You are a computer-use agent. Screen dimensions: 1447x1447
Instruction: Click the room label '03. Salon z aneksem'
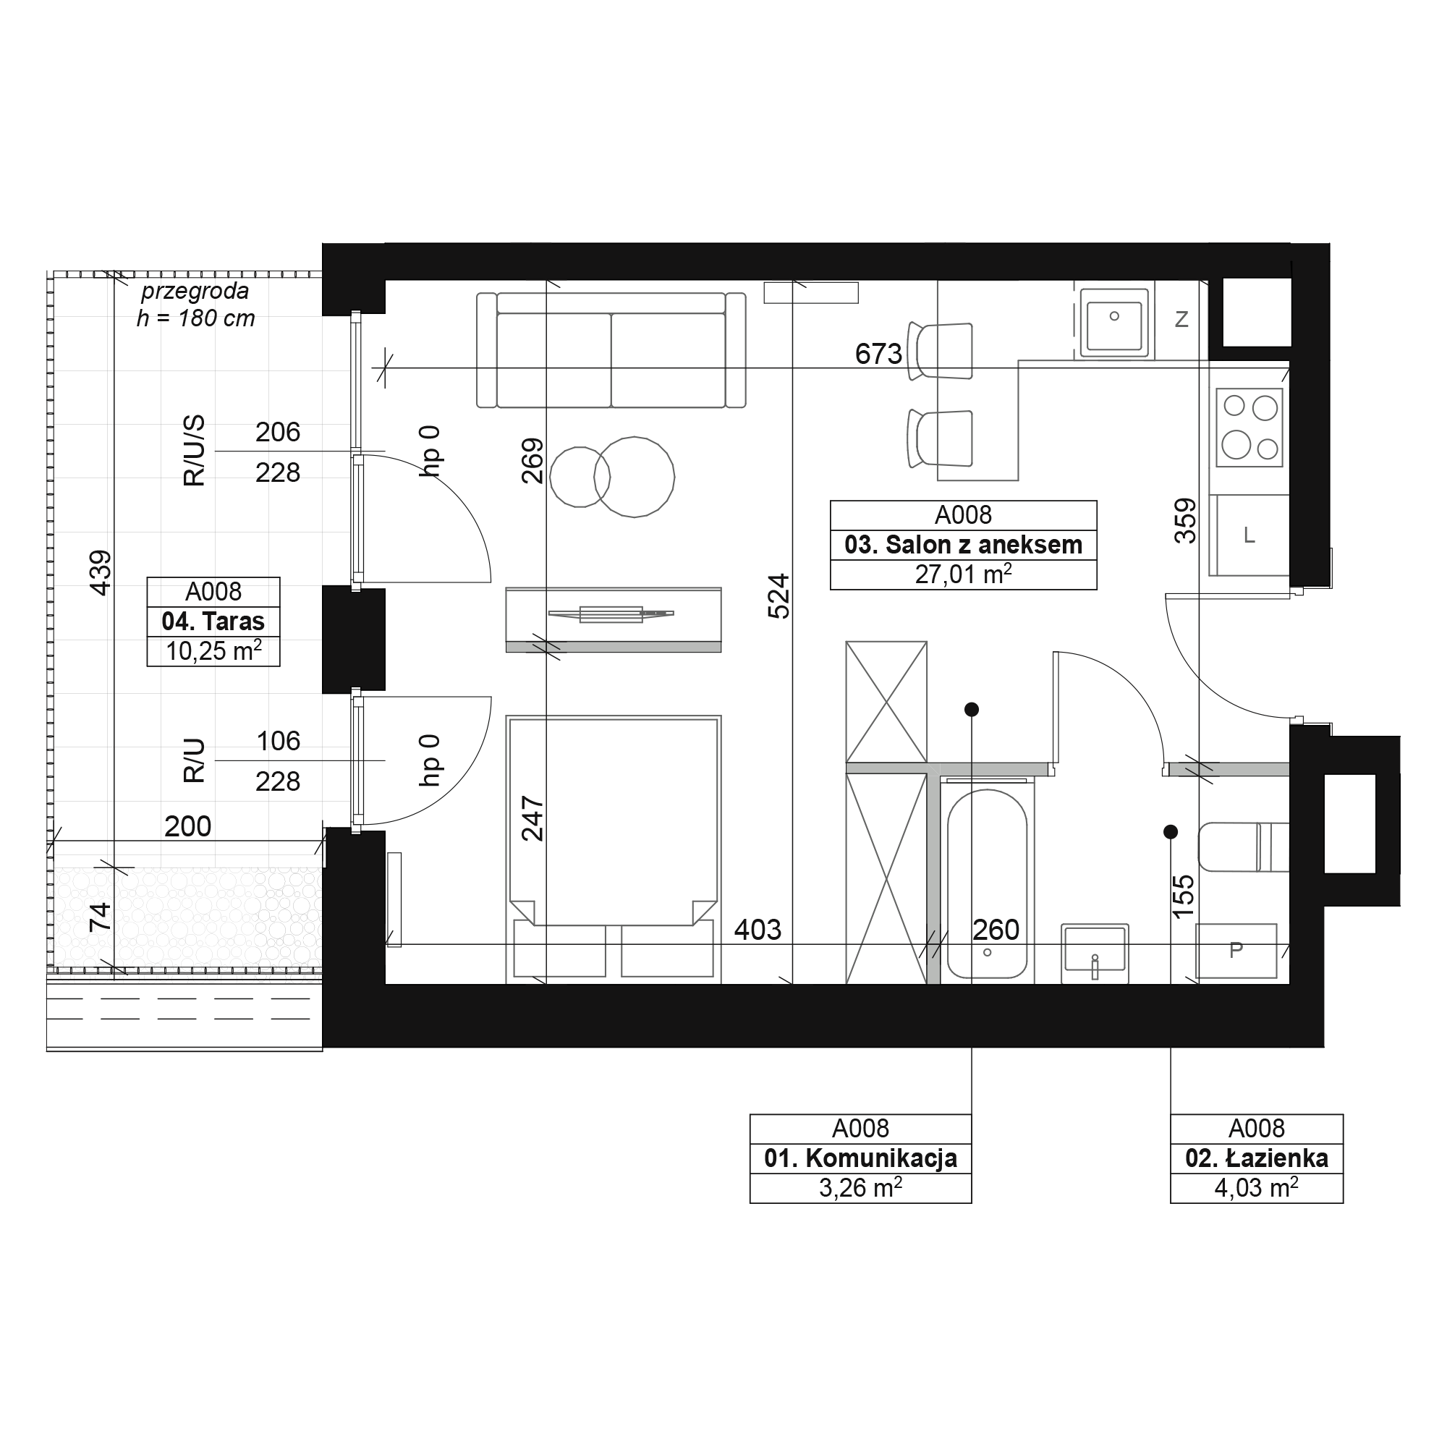point(963,545)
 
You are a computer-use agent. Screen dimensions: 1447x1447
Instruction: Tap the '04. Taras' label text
point(213,621)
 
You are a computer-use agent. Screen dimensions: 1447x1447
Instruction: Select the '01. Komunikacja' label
point(860,1158)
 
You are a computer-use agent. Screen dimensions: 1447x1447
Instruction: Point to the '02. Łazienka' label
point(1257,1158)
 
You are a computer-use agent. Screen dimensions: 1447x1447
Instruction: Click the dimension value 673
point(878,354)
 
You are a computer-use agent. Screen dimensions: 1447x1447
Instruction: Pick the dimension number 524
point(779,596)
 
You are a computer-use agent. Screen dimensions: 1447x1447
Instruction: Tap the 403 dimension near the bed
point(758,930)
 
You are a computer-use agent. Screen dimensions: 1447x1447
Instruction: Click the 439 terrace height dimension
point(101,573)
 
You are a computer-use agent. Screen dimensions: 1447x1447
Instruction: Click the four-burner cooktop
point(1249,427)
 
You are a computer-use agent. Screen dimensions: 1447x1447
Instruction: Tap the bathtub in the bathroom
point(987,884)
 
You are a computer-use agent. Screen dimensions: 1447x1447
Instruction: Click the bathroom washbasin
point(1094,951)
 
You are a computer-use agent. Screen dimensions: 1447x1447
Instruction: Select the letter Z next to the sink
point(1182,320)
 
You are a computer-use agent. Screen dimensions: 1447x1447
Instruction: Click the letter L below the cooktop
point(1249,535)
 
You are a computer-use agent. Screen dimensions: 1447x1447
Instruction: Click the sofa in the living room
point(611,349)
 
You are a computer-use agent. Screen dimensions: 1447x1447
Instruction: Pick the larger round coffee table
point(635,477)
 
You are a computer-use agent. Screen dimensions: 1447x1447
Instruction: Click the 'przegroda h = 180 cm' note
point(195,305)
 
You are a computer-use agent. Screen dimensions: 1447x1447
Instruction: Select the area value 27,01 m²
point(963,574)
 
